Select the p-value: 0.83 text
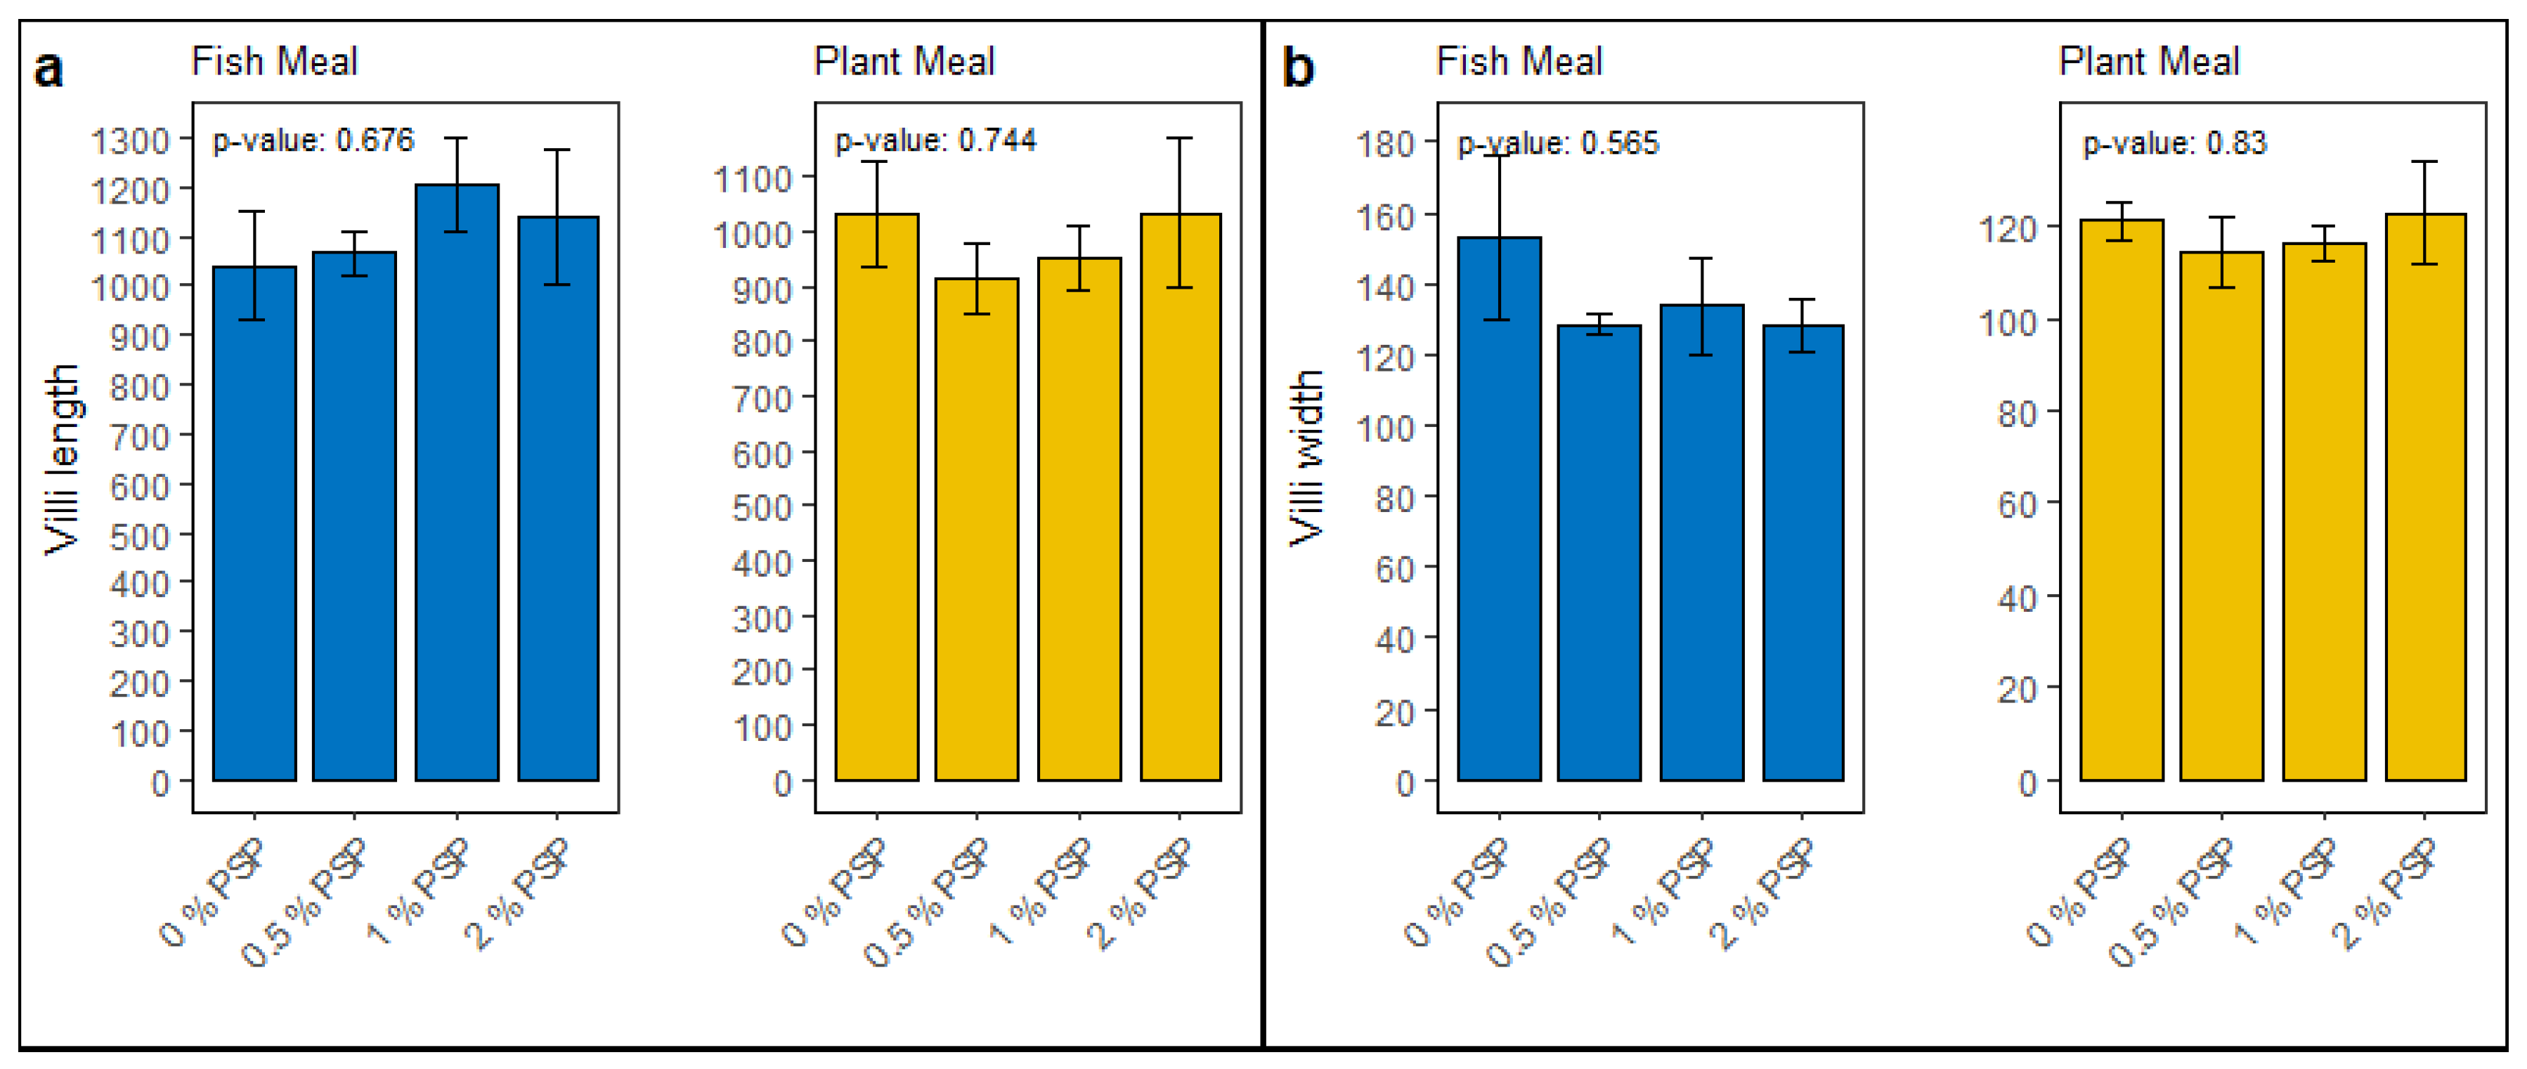tap(2175, 143)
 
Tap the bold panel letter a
tap(48, 70)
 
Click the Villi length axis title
tap(61, 459)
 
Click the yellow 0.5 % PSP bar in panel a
tap(976, 530)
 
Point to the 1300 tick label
tap(129, 141)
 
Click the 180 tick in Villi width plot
tap(1384, 144)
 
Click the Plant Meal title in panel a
tap(904, 62)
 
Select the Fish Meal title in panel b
tap(1519, 62)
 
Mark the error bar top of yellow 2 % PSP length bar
tap(1179, 138)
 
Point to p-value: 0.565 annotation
tap(1558, 143)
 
